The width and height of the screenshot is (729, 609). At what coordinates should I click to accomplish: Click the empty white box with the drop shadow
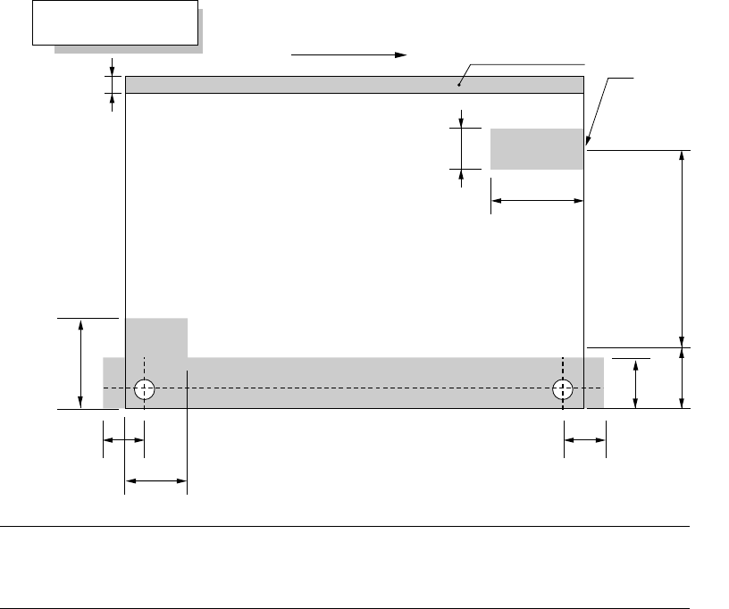pyautogui.click(x=113, y=22)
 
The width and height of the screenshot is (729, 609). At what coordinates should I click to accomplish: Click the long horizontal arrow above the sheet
pyautogui.click(x=348, y=54)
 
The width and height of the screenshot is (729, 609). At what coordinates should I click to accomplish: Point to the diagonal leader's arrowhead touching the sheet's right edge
pyautogui.click(x=588, y=142)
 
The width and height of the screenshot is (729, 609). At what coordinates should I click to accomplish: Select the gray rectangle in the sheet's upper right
pyautogui.click(x=536, y=148)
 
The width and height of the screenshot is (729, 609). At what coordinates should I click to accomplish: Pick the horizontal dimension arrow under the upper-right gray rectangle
pyautogui.click(x=537, y=202)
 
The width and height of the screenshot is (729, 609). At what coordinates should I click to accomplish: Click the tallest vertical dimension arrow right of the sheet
pyautogui.click(x=683, y=249)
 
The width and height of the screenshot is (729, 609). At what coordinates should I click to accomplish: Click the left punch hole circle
pyautogui.click(x=145, y=389)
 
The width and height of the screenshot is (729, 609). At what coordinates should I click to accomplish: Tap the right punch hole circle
pyautogui.click(x=563, y=389)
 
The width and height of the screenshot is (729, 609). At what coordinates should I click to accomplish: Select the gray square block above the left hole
pyautogui.click(x=156, y=338)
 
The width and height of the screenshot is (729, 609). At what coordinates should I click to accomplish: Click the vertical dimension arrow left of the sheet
pyautogui.click(x=81, y=363)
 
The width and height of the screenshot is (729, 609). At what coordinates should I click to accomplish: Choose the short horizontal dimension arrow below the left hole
pyautogui.click(x=123, y=440)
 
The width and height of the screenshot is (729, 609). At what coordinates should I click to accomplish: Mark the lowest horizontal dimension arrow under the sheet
pyautogui.click(x=155, y=483)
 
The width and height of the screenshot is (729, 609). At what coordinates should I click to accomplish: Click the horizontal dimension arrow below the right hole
pyautogui.click(x=585, y=440)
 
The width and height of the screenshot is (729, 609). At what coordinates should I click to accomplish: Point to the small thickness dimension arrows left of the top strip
pyautogui.click(x=113, y=84)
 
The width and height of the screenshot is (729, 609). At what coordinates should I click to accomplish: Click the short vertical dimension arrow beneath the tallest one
pyautogui.click(x=683, y=379)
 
